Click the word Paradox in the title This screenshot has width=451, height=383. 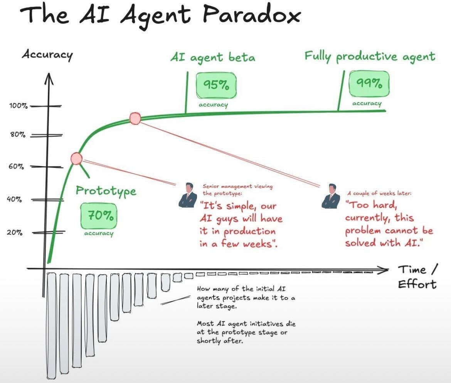pos(252,15)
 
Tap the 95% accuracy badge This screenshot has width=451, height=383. pos(216,85)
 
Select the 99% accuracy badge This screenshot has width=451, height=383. pos(369,84)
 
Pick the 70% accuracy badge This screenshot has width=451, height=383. pos(99,216)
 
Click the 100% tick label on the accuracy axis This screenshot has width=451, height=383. pos(18,106)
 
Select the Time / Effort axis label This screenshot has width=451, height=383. pos(417,277)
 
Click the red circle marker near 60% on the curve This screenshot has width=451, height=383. pos(77,158)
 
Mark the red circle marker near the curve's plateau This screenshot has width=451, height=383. pos(135,118)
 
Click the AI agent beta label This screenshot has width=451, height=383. pos(212,57)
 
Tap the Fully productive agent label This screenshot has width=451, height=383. pos(370,56)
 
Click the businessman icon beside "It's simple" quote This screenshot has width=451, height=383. pos(188,196)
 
